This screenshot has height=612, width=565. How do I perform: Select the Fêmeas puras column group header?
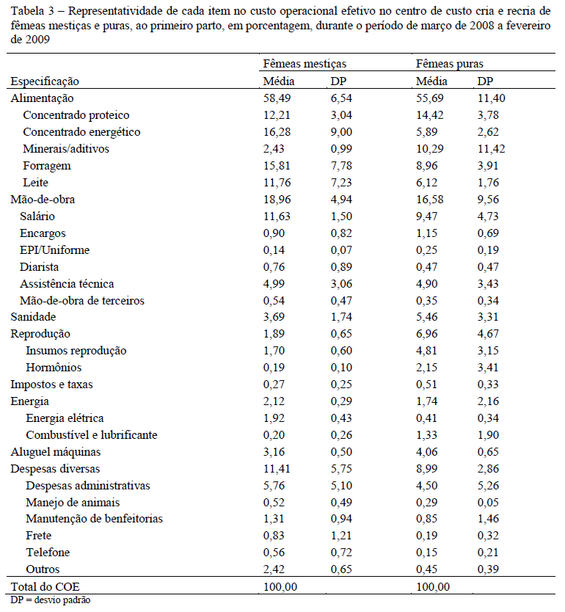(x=449, y=65)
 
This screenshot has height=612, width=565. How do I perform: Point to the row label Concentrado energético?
(x=81, y=132)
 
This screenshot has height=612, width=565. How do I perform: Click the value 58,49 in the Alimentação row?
(x=278, y=98)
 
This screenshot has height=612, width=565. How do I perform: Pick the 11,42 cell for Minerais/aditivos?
(x=491, y=149)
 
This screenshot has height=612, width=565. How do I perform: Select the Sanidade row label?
(x=34, y=317)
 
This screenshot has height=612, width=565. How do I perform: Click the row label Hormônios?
(x=54, y=368)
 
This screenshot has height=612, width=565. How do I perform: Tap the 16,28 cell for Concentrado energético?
(x=278, y=132)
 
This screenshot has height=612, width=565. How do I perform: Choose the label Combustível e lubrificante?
(x=91, y=434)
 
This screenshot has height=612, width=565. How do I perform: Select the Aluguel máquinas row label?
(x=55, y=451)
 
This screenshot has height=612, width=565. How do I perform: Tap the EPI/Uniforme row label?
(x=55, y=249)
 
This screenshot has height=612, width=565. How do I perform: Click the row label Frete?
(x=39, y=536)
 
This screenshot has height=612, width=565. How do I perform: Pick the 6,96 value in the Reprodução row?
(x=426, y=334)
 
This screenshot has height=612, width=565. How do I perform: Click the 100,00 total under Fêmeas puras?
(x=432, y=586)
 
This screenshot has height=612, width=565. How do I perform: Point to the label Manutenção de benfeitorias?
(x=94, y=519)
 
